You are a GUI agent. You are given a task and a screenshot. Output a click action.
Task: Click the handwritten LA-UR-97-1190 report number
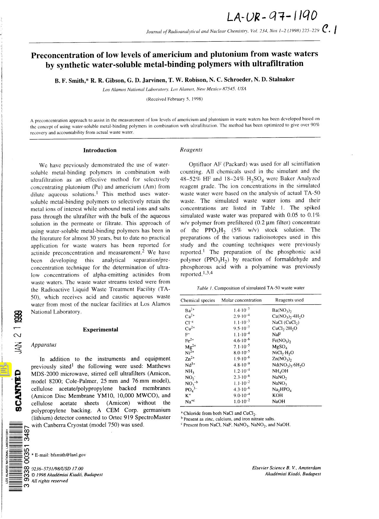(272, 16)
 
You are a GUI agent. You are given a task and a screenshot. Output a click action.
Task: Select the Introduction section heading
(100, 150)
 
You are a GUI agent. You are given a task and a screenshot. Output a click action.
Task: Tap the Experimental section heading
(100, 329)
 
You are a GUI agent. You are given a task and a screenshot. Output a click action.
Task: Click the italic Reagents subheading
(191, 150)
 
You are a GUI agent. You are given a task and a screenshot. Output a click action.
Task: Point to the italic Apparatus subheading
(43, 345)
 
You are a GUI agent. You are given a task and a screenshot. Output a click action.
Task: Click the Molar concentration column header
(242, 300)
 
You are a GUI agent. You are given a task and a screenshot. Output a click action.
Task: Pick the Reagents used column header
(289, 300)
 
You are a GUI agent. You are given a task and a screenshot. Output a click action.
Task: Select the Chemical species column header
(197, 300)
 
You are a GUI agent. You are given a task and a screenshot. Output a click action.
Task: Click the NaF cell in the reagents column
(276, 334)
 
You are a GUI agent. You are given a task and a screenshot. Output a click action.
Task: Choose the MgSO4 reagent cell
(279, 347)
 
